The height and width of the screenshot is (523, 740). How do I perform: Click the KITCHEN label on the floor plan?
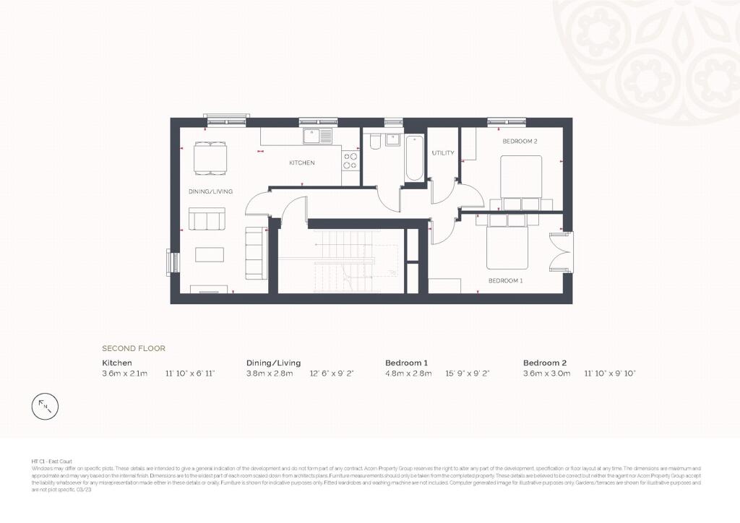click(301, 163)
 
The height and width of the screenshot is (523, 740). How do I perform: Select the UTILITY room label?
click(442, 153)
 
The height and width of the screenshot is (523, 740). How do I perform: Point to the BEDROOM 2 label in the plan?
click(520, 142)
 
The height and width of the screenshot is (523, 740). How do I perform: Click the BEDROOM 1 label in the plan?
click(505, 280)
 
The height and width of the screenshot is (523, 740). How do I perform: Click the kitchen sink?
click(317, 136)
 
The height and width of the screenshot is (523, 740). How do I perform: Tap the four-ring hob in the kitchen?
click(350, 160)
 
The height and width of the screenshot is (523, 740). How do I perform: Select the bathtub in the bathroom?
click(414, 157)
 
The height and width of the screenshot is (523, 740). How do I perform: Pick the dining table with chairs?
click(210, 157)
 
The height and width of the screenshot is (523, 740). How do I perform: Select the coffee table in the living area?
click(210, 254)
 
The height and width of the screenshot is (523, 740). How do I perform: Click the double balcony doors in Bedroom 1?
click(560, 252)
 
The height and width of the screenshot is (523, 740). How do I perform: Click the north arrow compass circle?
click(46, 407)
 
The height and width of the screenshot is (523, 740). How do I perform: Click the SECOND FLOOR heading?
click(134, 348)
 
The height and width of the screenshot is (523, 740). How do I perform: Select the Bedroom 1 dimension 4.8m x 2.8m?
click(408, 373)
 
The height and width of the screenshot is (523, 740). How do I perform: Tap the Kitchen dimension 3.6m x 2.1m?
click(124, 373)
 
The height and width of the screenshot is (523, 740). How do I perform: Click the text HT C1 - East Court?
click(51, 461)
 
